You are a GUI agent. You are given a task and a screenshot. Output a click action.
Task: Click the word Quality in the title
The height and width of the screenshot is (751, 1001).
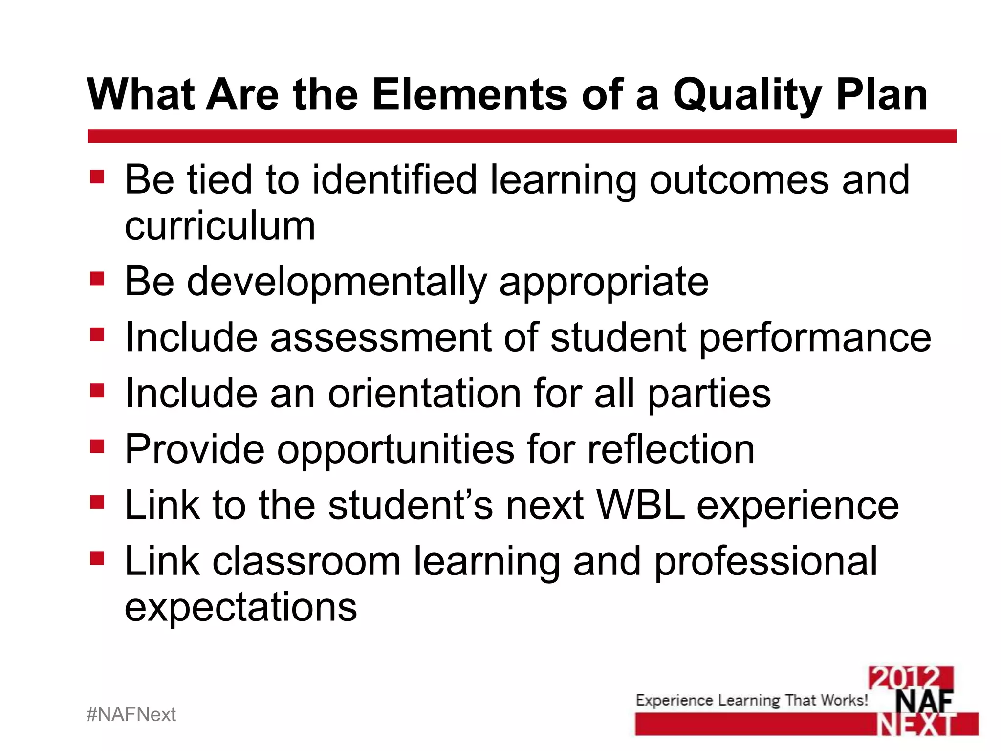(748, 95)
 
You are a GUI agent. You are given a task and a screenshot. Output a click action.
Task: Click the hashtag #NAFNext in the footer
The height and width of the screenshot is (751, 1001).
(131, 715)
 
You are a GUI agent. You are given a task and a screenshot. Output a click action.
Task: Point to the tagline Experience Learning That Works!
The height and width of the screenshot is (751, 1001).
(752, 700)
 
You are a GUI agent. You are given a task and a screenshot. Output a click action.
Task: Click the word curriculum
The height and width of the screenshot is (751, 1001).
(220, 226)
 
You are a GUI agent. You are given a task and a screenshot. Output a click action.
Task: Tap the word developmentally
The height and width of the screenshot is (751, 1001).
(337, 283)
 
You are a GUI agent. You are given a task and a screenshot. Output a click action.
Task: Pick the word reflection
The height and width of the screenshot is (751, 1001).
(671, 449)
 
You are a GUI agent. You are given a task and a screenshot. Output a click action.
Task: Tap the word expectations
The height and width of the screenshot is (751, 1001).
(241, 607)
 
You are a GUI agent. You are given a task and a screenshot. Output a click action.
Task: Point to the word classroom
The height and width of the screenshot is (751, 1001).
(306, 561)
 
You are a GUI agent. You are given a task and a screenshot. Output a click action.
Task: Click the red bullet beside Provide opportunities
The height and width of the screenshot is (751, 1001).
(97, 446)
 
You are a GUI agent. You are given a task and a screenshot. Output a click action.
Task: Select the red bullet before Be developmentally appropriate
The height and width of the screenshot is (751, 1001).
(97, 279)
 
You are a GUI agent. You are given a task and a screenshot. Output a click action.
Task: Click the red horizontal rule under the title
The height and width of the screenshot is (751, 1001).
(522, 136)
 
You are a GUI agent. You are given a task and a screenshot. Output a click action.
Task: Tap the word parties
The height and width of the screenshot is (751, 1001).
(709, 394)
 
